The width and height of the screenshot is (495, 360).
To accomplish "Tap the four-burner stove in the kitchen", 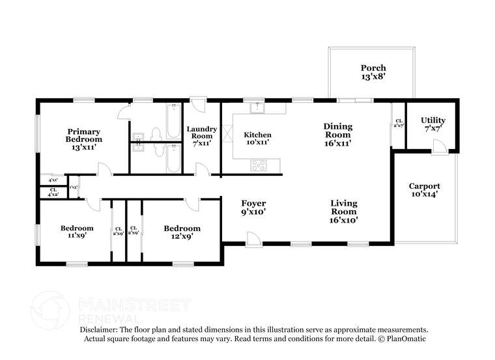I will [258, 165].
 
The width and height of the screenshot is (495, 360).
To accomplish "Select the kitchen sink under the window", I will [258, 107].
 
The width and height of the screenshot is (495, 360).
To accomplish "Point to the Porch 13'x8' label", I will [373, 72].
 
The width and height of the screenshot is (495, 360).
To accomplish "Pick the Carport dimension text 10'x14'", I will [423, 193].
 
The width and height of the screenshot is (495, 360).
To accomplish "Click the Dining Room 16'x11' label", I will [338, 135].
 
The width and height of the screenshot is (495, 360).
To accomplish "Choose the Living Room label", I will [343, 211].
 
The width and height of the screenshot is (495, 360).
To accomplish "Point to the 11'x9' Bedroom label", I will [77, 232].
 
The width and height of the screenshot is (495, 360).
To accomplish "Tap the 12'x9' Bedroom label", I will [182, 232].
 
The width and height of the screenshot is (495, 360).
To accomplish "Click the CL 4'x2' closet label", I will [53, 192].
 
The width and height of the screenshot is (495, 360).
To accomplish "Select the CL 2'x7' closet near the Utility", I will [398, 123].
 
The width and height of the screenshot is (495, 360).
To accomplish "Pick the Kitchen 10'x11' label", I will [257, 139].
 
